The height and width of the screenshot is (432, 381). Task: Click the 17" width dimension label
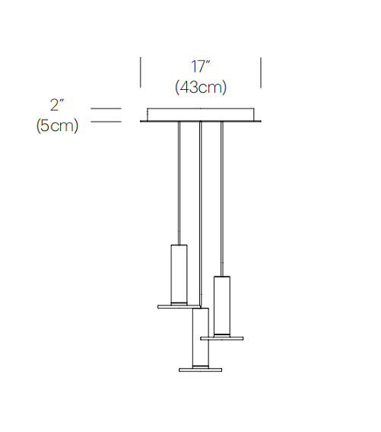[x=201, y=66]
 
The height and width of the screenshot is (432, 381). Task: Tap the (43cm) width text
[x=201, y=88]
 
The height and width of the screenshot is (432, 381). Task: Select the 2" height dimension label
[x=57, y=105]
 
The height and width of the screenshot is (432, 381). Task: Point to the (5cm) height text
[x=57, y=126]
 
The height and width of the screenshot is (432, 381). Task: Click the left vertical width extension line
[x=141, y=72]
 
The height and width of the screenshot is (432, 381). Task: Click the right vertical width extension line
[x=261, y=72]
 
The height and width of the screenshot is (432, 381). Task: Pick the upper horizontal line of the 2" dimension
[x=106, y=108]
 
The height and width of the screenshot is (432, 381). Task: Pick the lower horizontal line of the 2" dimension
[x=106, y=121]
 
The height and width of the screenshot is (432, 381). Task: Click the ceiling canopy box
[x=201, y=114]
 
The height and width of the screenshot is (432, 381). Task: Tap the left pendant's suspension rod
[x=179, y=183]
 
